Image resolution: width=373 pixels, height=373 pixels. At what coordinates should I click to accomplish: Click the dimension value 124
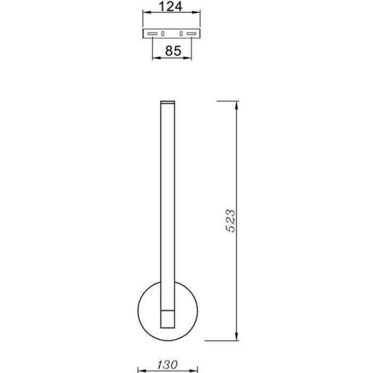171,6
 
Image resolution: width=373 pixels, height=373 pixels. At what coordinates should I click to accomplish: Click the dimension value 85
173,51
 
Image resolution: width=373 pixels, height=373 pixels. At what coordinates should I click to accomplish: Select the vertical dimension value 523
230,221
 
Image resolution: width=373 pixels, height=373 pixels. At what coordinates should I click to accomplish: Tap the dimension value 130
167,364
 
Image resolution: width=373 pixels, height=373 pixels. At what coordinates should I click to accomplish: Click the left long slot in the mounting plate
152,34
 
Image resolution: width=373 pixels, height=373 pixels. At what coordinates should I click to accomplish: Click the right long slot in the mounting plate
191,34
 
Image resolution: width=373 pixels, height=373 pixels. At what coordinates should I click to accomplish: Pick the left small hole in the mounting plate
163,34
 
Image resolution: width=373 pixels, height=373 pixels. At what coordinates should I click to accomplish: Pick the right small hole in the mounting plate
181,34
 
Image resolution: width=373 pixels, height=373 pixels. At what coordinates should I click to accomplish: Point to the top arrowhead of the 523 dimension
237,106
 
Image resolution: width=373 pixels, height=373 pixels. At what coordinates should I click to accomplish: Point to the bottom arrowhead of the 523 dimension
237,336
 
